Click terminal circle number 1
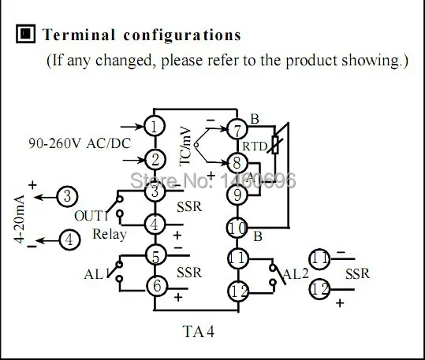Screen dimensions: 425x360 click(155, 126)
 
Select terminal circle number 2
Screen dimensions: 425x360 click(155, 160)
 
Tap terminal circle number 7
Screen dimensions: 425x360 click(237, 129)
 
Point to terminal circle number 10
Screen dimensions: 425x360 click(237, 228)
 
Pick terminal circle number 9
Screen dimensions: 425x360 click(237, 195)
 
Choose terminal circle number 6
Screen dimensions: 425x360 click(157, 286)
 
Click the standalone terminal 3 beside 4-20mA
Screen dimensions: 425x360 click(67, 196)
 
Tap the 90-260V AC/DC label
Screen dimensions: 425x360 click(80, 143)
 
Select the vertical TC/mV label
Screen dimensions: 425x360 click(186, 146)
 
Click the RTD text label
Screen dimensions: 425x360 click(255, 147)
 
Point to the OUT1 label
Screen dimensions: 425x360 click(91, 216)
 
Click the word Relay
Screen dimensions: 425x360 click(110, 235)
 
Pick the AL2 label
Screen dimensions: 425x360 click(296, 274)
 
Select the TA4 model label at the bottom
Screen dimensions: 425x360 click(199, 332)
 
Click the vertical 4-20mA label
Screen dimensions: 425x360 click(20, 219)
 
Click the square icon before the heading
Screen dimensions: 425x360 click(25, 34)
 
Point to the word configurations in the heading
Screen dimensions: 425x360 click(182, 35)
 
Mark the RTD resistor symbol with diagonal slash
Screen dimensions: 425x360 click(275, 145)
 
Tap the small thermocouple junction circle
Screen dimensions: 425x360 click(196, 145)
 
